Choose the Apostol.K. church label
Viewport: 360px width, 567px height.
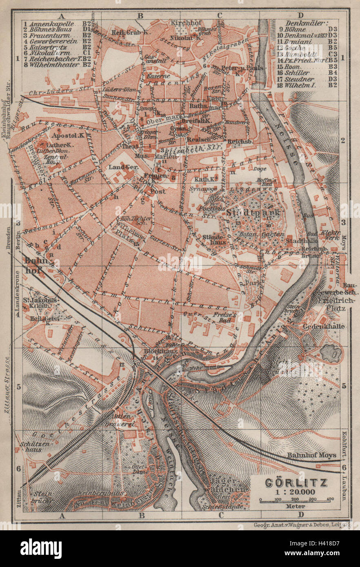65,135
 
